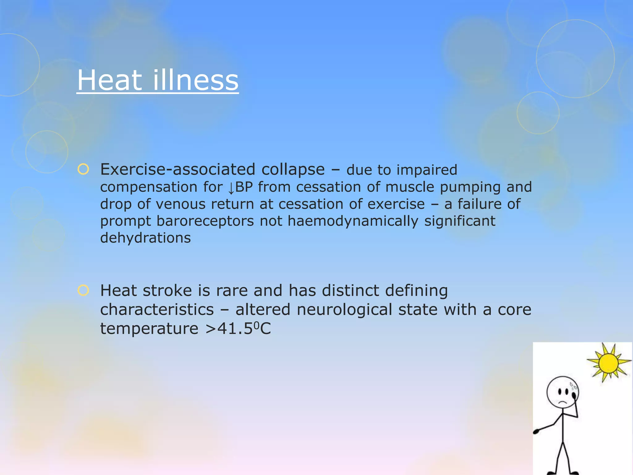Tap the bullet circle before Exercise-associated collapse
(x=83, y=169)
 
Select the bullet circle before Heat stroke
(x=83, y=290)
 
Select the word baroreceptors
(x=205, y=221)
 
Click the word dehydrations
(x=145, y=238)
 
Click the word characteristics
(x=157, y=310)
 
